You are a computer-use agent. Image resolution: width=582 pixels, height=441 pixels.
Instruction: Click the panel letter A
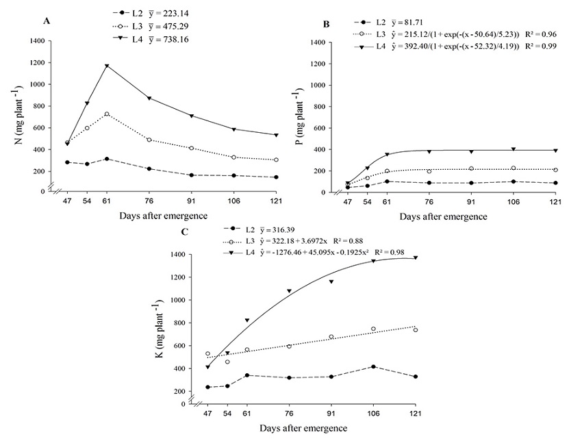point(47,22)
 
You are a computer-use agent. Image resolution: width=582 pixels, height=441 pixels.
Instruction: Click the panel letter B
point(327,24)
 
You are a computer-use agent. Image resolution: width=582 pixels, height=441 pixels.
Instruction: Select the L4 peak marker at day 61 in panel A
point(107,66)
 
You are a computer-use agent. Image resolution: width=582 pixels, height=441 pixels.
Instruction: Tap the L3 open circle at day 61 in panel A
point(107,114)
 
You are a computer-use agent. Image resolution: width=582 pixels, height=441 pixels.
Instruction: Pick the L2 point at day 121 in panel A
point(275,177)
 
